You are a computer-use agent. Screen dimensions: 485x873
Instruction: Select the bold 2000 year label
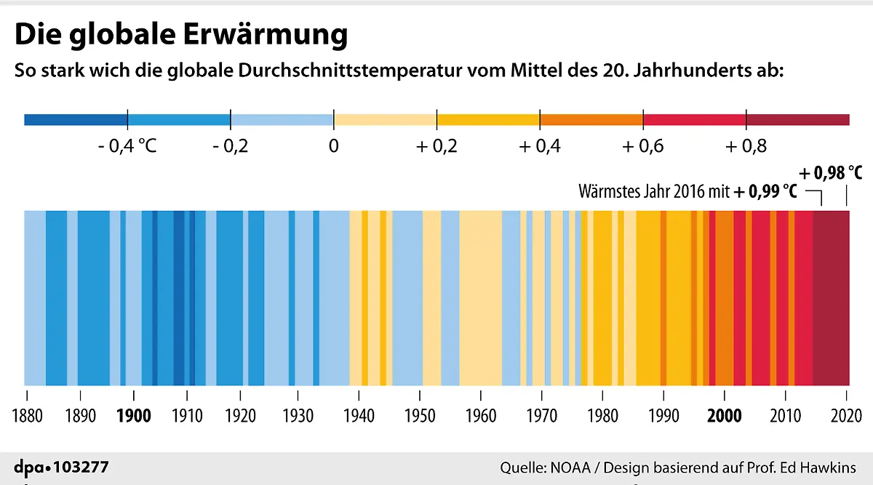pos(725,416)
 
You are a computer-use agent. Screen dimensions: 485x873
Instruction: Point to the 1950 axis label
pos(420,416)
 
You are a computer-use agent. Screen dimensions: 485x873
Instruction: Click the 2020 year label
pos(846,416)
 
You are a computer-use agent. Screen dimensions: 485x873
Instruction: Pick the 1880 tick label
pos(27,416)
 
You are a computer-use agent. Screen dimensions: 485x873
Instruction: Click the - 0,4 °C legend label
pos(127,146)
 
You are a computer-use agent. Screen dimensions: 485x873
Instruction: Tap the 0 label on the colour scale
pos(334,146)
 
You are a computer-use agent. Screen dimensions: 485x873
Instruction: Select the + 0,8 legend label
pos(746,146)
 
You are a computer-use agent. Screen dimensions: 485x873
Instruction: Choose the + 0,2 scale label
pos(436,146)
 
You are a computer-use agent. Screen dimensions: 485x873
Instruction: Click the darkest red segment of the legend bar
pos(798,119)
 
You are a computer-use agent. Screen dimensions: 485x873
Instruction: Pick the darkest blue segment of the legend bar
pos(76,119)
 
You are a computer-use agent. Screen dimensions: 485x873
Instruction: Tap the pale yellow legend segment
pos(385,119)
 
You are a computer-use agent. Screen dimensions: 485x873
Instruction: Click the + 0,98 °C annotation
pos(831,174)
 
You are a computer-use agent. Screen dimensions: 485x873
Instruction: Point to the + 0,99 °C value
pos(765,192)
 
